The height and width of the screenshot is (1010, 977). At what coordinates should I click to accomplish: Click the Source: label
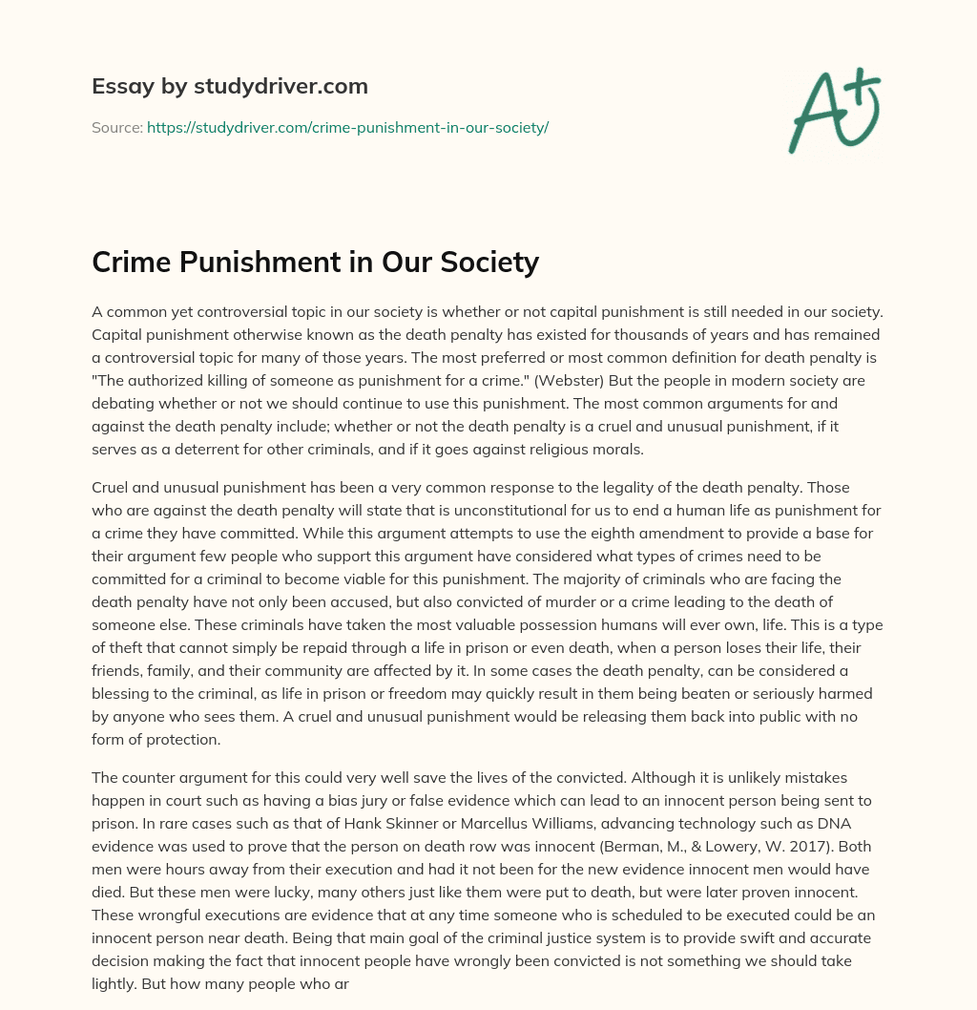tap(116, 127)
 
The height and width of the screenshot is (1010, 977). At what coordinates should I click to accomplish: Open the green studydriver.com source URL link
tap(347, 127)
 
